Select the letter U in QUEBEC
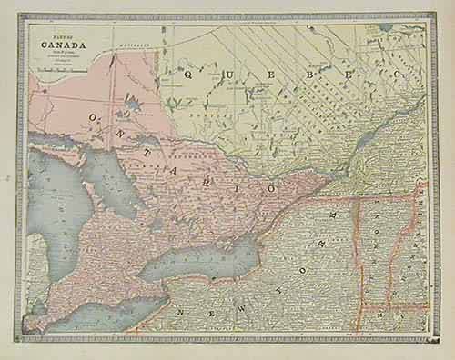pos(221,68)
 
